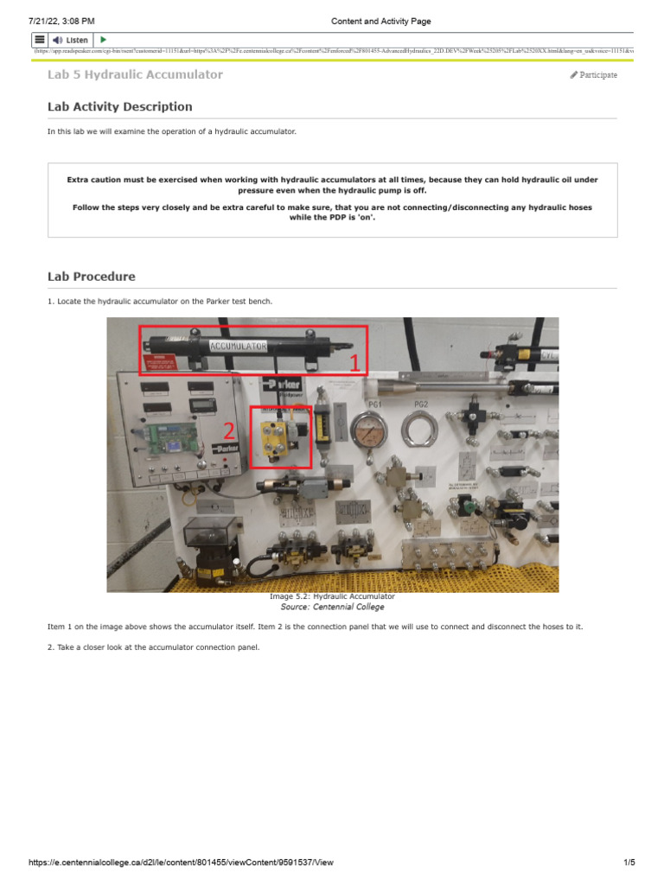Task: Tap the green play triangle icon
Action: tap(104, 40)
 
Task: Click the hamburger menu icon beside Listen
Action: tap(40, 40)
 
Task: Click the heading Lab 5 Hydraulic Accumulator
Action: tap(135, 75)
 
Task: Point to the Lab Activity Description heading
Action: tap(120, 107)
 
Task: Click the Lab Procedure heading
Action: tap(91, 277)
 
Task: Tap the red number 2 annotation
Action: tap(229, 430)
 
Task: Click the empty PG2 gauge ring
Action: tap(420, 429)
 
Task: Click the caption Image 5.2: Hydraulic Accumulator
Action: tap(332, 596)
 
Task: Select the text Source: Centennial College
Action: tap(332, 607)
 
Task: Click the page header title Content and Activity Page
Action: tap(380, 21)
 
